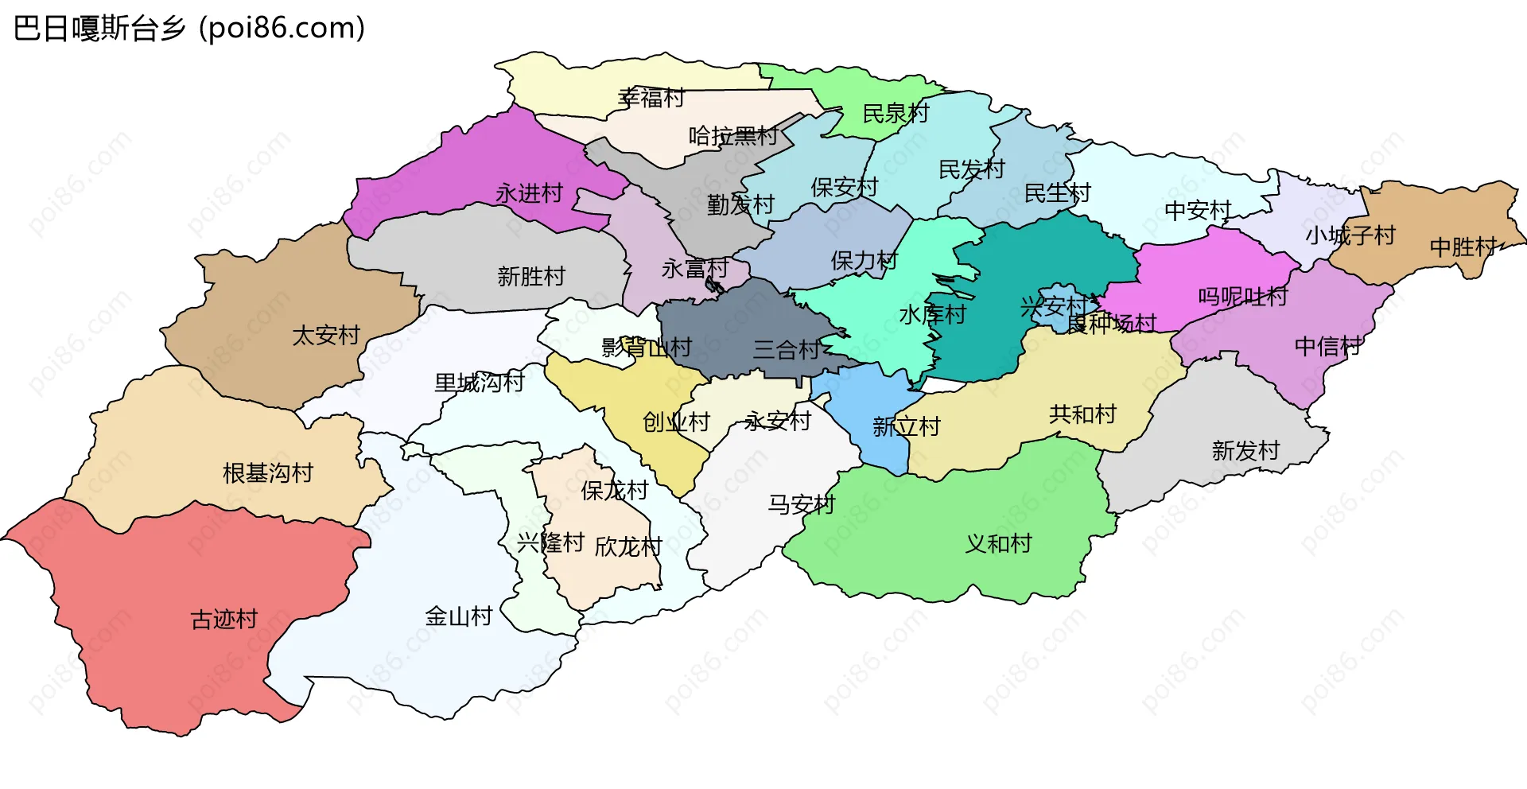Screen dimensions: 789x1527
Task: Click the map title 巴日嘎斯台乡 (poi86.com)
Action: pos(189,29)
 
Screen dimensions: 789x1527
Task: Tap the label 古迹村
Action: pos(224,619)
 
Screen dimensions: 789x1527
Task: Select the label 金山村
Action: pos(459,616)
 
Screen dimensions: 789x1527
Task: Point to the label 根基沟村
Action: pos(268,473)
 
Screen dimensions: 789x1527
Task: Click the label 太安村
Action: pos(326,335)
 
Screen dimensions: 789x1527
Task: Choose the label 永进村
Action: pos(529,192)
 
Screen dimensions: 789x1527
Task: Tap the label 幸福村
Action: pos(651,98)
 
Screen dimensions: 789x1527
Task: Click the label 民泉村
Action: pos(896,114)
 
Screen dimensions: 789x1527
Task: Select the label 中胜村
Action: pos(1463,247)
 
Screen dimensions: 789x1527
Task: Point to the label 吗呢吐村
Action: pos(1242,297)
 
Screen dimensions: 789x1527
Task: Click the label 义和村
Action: pos(998,543)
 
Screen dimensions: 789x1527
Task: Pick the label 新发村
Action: pos(1245,451)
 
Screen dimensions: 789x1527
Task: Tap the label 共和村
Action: pos(1082,414)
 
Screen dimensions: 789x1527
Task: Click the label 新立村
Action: pos(906,427)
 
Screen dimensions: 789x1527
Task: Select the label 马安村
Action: pos(801,504)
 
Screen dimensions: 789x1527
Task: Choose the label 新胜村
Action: pos(531,276)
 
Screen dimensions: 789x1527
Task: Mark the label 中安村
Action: pos(1198,211)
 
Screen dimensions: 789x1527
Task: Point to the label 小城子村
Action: pos(1350,235)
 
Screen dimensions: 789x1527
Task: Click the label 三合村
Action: pos(787,349)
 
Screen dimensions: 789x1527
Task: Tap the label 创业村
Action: pos(676,422)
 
